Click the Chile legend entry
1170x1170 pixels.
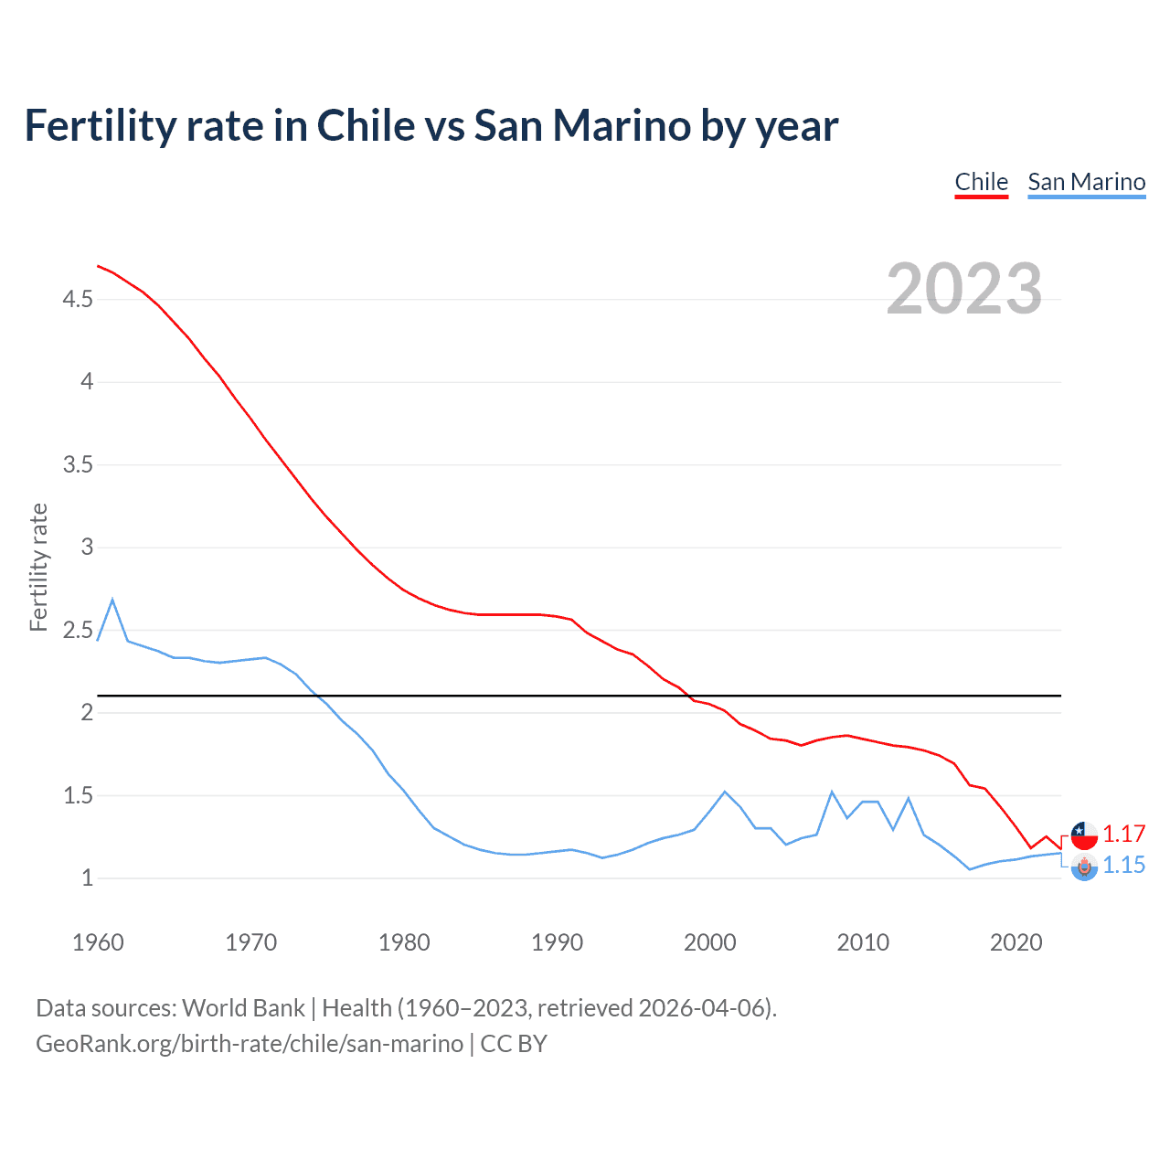pyautogui.click(x=981, y=182)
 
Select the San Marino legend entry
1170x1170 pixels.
pyautogui.click(x=1086, y=182)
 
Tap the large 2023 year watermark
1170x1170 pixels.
pyautogui.click(x=963, y=289)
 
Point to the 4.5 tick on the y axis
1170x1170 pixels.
pyautogui.click(x=78, y=300)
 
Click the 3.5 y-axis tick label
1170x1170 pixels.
pyautogui.click(x=78, y=465)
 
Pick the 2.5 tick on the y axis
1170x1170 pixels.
pyautogui.click(x=78, y=631)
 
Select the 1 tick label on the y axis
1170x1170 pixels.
pyautogui.click(x=87, y=878)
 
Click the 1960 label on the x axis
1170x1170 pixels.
pyautogui.click(x=98, y=942)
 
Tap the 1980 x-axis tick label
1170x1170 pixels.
pyautogui.click(x=404, y=942)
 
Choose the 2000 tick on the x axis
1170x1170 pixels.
pyautogui.click(x=709, y=942)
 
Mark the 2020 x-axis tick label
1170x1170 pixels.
pyautogui.click(x=1016, y=942)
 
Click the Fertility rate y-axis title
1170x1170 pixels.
pyautogui.click(x=38, y=567)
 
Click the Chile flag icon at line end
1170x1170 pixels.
pyautogui.click(x=1084, y=835)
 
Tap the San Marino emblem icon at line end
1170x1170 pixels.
pyautogui.click(x=1084, y=867)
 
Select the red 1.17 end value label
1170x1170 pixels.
pyautogui.click(x=1123, y=835)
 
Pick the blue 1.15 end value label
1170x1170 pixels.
pyautogui.click(x=1123, y=866)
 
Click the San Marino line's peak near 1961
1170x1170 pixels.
pyautogui.click(x=112, y=601)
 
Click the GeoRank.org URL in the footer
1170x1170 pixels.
pyautogui.click(x=249, y=1044)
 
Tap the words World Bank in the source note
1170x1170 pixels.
pyautogui.click(x=243, y=1008)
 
